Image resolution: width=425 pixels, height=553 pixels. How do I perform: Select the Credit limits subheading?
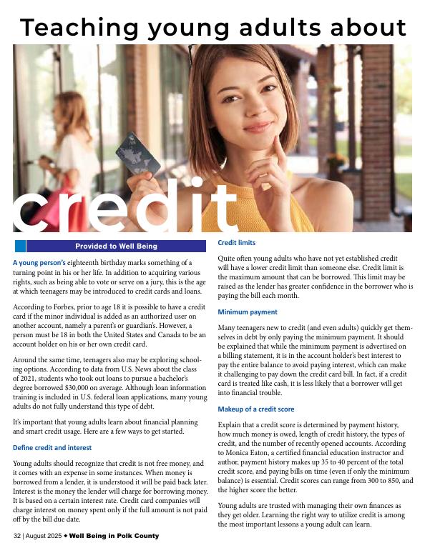pyautogui.click(x=236, y=243)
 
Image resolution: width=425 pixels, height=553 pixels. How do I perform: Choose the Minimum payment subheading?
pyautogui.click(x=248, y=312)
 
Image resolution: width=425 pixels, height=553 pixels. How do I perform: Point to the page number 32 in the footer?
pyautogui.click(x=18, y=536)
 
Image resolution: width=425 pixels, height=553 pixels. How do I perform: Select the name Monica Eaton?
pyautogui.click(x=251, y=453)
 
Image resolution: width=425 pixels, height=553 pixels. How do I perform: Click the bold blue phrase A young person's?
pyautogui.click(x=39, y=263)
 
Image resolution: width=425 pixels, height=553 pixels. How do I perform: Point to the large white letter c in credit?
pyautogui.click(x=37, y=207)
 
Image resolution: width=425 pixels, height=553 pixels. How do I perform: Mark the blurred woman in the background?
pyautogui.click(x=72, y=143)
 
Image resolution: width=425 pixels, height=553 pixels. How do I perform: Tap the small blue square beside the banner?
pyautogui.click(x=20, y=246)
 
